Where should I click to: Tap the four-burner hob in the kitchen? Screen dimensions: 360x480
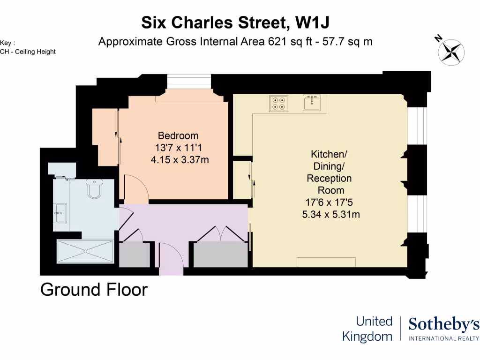(x=278, y=103)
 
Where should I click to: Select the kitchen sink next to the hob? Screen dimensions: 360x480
(x=312, y=103)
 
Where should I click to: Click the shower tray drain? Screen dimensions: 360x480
(x=85, y=251)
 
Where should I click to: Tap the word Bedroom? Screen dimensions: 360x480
(x=178, y=136)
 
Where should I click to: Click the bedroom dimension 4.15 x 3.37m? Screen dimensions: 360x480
(x=180, y=160)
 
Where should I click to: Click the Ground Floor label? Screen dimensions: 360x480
(x=94, y=290)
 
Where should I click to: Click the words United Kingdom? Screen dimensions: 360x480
(x=367, y=329)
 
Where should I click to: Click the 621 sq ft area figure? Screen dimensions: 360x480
(x=287, y=41)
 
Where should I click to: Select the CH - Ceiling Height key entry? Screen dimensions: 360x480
(x=28, y=52)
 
